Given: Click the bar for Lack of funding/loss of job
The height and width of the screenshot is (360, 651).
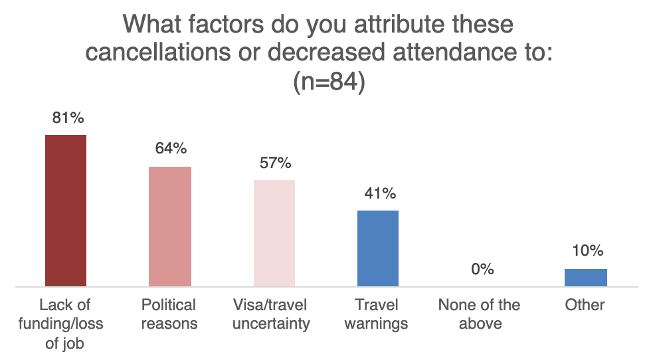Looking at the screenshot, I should point(65,211).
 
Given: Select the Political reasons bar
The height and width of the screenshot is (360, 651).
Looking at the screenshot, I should point(170,226).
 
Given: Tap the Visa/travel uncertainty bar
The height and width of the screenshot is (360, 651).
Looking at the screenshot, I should point(274,233).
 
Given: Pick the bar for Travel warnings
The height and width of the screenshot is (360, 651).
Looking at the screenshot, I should point(378,248).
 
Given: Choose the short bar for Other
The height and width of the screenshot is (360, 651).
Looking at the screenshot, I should point(585,278).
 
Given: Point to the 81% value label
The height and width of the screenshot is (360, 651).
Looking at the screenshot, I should point(67,118).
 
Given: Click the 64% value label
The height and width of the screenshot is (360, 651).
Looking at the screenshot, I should point(171,149).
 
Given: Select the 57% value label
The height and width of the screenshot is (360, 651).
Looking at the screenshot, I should point(275,163).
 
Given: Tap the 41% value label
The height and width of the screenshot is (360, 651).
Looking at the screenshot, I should point(379,193).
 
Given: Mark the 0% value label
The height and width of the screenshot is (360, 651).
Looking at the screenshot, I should point(483,269).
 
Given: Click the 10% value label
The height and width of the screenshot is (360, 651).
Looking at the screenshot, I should point(587,251).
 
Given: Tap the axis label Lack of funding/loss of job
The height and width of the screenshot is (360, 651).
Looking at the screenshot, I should point(65,323).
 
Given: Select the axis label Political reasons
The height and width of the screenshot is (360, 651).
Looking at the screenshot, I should point(169,314).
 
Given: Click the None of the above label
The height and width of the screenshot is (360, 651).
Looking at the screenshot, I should point(480,314).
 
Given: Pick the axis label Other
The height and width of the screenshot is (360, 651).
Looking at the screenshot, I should point(585,305).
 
